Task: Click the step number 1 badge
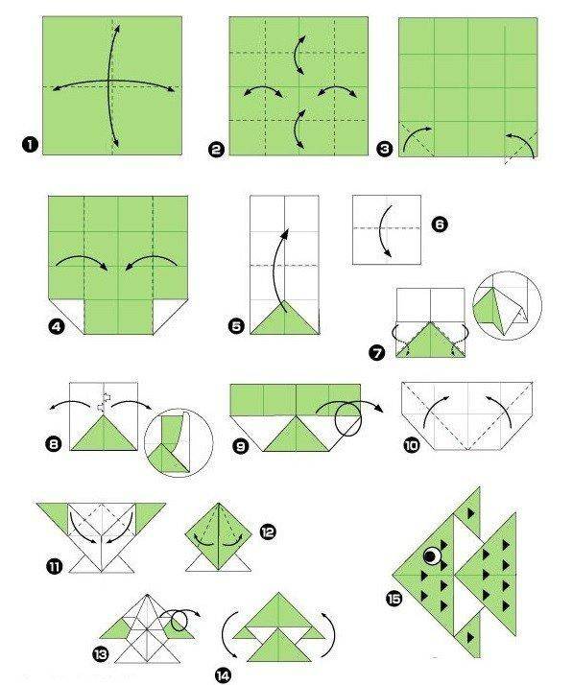[30, 145]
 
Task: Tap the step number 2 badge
[217, 150]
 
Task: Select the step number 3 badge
[384, 150]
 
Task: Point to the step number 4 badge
[58, 326]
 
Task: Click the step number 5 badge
[236, 326]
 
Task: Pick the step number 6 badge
[440, 224]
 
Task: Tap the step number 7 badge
[377, 352]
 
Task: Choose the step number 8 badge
[54, 445]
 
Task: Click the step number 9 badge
[240, 446]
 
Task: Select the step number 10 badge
[412, 445]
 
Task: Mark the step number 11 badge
[54, 567]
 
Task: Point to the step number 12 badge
[268, 532]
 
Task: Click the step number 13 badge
[101, 654]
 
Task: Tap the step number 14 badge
[223, 675]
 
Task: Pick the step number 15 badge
[394, 599]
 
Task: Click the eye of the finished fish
[431, 555]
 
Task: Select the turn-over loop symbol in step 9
[348, 418]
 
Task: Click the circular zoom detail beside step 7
[508, 304]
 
